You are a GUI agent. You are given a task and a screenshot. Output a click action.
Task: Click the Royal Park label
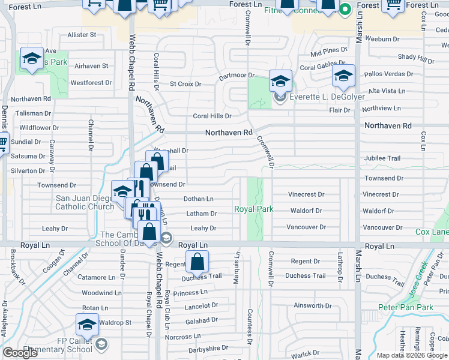254,209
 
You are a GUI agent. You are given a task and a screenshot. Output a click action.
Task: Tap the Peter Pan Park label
406,307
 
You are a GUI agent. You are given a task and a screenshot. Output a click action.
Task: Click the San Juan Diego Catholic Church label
84,202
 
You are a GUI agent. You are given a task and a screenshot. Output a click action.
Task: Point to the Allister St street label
82,35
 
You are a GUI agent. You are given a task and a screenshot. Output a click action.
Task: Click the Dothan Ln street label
198,199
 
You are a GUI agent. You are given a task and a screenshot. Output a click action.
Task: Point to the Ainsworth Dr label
309,305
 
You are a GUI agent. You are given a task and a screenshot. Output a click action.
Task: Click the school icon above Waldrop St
87,325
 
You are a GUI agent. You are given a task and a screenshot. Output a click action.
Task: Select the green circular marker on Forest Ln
345,10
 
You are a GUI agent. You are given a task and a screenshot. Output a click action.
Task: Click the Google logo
20,353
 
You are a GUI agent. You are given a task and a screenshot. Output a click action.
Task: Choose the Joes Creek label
417,272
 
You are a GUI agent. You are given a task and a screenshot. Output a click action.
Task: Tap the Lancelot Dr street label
201,306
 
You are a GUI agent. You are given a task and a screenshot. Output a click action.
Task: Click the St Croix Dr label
185,84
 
